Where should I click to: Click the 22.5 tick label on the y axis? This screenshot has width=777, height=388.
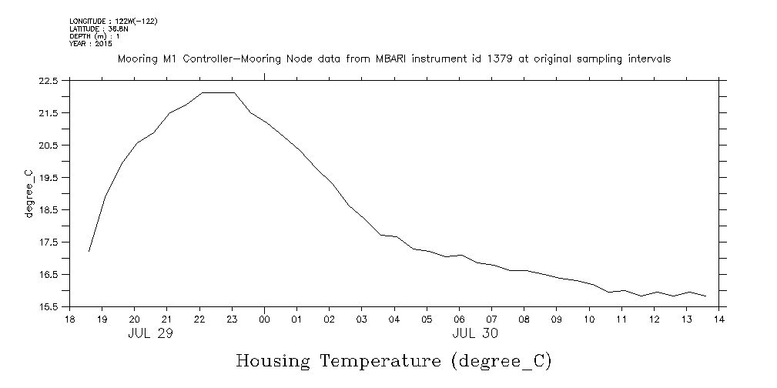coord(49,81)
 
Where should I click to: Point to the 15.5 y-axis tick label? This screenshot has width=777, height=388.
coord(49,306)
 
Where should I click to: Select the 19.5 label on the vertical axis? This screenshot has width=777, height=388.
coord(49,177)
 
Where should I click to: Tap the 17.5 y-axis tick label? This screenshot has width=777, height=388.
coord(49,242)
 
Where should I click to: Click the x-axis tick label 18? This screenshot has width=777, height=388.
coord(69,319)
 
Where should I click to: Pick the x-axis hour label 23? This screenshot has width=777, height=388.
coord(232,319)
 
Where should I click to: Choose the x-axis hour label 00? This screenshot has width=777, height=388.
coord(264,319)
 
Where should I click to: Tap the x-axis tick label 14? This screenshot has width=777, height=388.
coord(719,319)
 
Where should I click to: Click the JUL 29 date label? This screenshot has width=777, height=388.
coord(150,333)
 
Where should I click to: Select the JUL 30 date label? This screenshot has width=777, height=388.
coord(475,333)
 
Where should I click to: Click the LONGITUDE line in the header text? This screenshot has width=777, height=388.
coord(113,21)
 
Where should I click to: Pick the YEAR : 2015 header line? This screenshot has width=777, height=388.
coord(91,44)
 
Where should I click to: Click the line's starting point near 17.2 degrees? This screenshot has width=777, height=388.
coord(89,251)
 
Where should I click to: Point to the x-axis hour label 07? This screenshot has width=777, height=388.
coord(491,319)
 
